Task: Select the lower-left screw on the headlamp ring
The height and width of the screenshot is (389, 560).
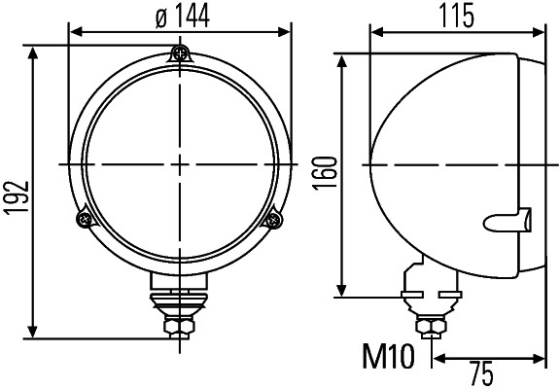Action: click(x=82, y=221)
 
